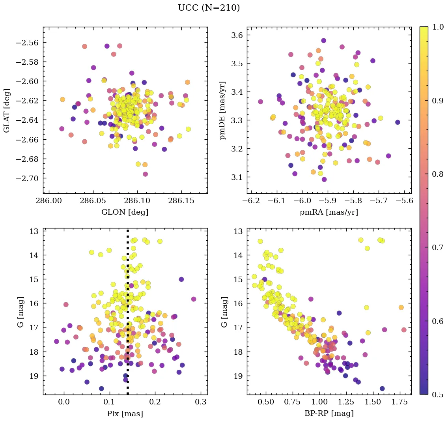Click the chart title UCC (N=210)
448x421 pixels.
(x=209, y=8)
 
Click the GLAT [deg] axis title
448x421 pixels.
(x=7, y=110)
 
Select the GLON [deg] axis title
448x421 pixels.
(x=125, y=212)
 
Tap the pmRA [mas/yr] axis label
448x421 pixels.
(x=329, y=212)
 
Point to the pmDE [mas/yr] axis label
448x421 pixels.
(x=223, y=110)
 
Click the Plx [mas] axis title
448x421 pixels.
(x=125, y=414)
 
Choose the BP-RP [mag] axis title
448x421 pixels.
(x=329, y=414)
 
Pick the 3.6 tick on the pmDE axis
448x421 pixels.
(x=238, y=36)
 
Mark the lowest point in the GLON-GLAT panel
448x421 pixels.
(x=145, y=174)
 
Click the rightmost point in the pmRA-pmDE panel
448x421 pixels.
(x=398, y=122)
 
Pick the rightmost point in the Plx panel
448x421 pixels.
(x=194, y=299)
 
